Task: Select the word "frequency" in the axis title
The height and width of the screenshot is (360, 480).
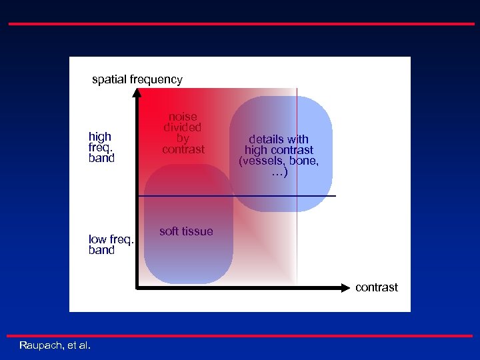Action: coord(156,80)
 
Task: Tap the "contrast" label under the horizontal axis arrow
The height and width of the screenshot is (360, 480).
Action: coord(377,287)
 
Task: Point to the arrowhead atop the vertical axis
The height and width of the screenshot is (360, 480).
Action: coord(137,93)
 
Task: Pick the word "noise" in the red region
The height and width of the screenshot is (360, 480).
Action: coord(183,117)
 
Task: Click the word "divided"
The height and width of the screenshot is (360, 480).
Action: coord(183,127)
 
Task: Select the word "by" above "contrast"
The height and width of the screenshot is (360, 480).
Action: coord(183,138)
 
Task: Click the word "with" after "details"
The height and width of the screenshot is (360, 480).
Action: coord(297,139)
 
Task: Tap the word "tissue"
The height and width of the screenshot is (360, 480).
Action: coord(198,231)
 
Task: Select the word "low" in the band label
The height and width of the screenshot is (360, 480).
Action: coord(97,239)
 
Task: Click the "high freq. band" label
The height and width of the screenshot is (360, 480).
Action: coord(101,147)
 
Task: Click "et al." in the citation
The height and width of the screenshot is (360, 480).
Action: coord(80,345)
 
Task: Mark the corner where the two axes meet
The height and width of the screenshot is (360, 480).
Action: coord(137,288)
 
